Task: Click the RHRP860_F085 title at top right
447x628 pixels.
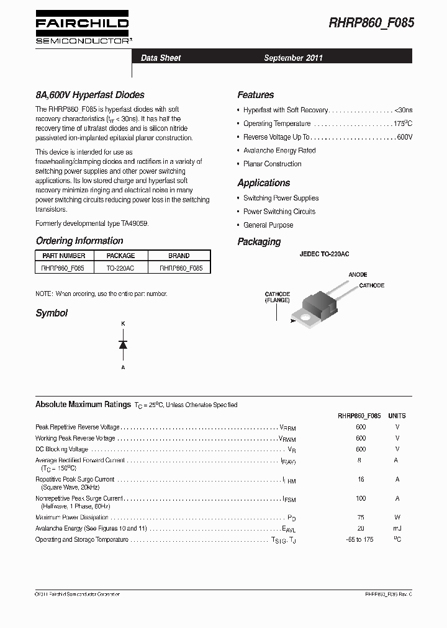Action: (x=371, y=23)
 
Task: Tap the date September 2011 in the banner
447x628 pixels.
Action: (x=293, y=58)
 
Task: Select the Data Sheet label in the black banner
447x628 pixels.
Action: (x=161, y=58)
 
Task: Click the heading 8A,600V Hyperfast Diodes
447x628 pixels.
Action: (x=90, y=95)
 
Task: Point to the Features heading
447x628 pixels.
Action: (x=255, y=95)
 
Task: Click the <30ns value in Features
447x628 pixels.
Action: (x=403, y=110)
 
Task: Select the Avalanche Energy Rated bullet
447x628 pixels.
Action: (x=279, y=151)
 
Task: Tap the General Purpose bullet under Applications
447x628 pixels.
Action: (x=268, y=225)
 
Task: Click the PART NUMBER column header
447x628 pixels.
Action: (x=64, y=256)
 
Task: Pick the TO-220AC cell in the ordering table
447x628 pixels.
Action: (x=120, y=268)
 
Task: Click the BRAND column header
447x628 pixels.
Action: (x=179, y=256)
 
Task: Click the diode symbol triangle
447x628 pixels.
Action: (x=123, y=345)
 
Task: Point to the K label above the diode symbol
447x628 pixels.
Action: (x=123, y=324)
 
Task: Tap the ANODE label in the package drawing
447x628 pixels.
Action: (x=358, y=274)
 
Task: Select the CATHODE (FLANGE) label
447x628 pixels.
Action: (x=278, y=297)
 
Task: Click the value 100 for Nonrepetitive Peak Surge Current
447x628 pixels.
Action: (x=361, y=498)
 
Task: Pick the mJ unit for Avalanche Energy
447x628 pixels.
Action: (x=397, y=528)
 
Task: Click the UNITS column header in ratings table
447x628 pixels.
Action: (x=397, y=416)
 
